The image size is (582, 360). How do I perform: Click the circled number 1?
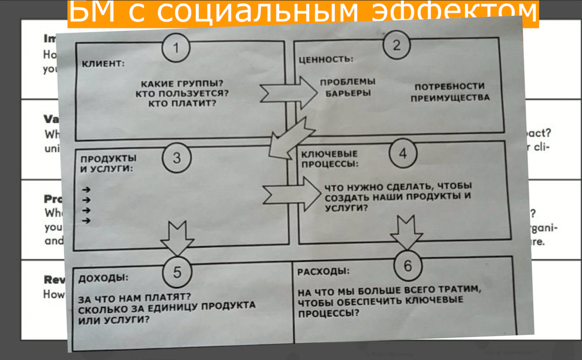pos(176,48)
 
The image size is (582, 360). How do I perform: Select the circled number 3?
pos(177,158)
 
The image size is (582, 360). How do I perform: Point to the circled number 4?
pos(402,154)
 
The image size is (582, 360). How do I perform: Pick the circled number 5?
pos(177,272)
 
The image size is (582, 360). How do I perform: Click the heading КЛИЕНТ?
pos(102,63)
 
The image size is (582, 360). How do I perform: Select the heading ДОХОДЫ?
pos(103,279)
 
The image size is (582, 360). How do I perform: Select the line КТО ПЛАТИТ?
pos(182,103)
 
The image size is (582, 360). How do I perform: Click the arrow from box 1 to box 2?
pos(288,91)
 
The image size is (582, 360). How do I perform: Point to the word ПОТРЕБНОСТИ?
pos(450,86)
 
